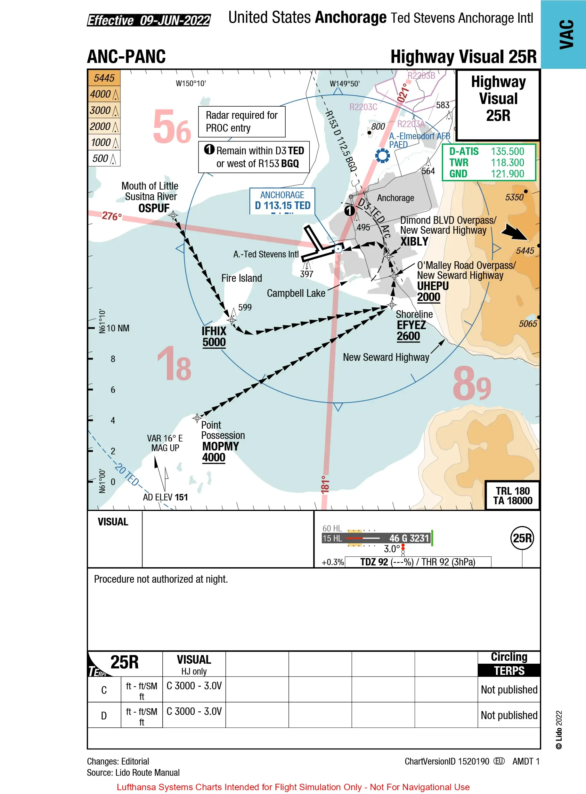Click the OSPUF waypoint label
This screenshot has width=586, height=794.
click(154, 208)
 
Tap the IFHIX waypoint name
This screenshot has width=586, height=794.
click(214, 331)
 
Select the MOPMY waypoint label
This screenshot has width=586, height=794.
click(221, 446)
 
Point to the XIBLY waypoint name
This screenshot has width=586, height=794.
click(414, 241)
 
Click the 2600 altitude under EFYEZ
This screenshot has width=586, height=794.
click(408, 336)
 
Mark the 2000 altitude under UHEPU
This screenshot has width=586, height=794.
click(428, 297)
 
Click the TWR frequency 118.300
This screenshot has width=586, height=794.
click(507, 163)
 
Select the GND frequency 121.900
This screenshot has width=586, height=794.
click(507, 174)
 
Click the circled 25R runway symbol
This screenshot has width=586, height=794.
click(522, 538)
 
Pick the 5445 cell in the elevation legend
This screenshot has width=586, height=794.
click(104, 78)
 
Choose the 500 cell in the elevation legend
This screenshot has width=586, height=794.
click(104, 158)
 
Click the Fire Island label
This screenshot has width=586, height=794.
click(241, 278)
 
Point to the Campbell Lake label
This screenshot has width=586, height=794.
click(296, 293)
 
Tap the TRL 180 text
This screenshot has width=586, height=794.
click(513, 491)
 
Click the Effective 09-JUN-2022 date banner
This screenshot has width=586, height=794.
click(149, 20)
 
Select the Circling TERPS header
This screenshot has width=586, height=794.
click(509, 664)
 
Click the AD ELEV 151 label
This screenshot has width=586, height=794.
click(165, 497)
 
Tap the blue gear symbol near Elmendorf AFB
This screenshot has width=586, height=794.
click(382, 155)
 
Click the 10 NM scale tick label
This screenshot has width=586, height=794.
click(118, 328)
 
